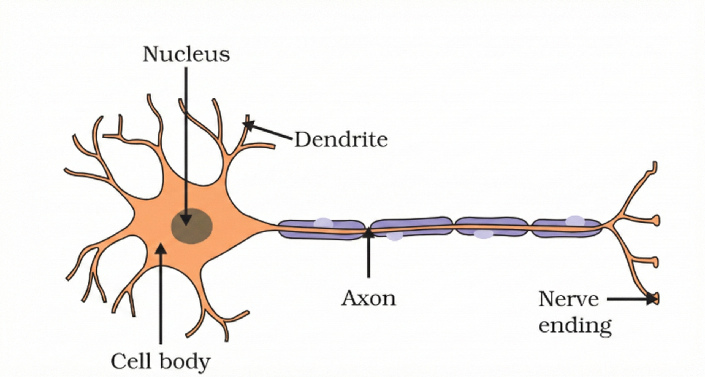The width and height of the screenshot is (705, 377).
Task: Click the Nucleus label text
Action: coord(186,54)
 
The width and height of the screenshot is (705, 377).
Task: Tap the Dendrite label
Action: coord(341,140)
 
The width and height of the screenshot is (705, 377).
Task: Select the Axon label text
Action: coord(368,298)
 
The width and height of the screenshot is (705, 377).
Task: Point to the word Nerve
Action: coord(568,299)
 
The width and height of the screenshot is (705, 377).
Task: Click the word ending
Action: coord(575,326)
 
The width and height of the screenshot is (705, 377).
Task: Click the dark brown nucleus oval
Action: coord(192,226)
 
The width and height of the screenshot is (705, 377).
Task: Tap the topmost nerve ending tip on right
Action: coord(654,166)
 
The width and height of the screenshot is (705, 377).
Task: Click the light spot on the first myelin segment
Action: coord(324,222)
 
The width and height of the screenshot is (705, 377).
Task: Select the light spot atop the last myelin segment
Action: coord(575,221)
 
